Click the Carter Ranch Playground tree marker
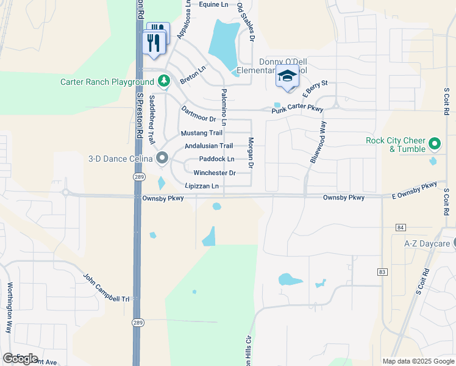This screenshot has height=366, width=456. [163, 81]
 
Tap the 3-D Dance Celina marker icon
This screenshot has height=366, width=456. [162, 159]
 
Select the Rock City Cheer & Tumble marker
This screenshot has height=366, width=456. [434, 145]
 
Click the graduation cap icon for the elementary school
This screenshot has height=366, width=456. [287, 76]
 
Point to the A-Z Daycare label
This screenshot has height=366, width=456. [427, 243]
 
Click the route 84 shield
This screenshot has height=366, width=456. [400, 228]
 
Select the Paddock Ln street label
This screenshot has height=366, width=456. [216, 159]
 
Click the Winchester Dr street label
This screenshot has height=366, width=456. [214, 173]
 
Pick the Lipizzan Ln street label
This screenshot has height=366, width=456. [202, 187]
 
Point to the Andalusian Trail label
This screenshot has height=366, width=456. [208, 146]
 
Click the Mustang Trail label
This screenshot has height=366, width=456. [202, 133]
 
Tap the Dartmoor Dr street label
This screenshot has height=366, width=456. [199, 113]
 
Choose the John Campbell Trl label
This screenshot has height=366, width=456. [107, 287]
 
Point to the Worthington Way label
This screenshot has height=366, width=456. [9, 307]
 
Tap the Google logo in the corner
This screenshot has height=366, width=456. [20, 358]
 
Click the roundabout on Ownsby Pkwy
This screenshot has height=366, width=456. [65, 193]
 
